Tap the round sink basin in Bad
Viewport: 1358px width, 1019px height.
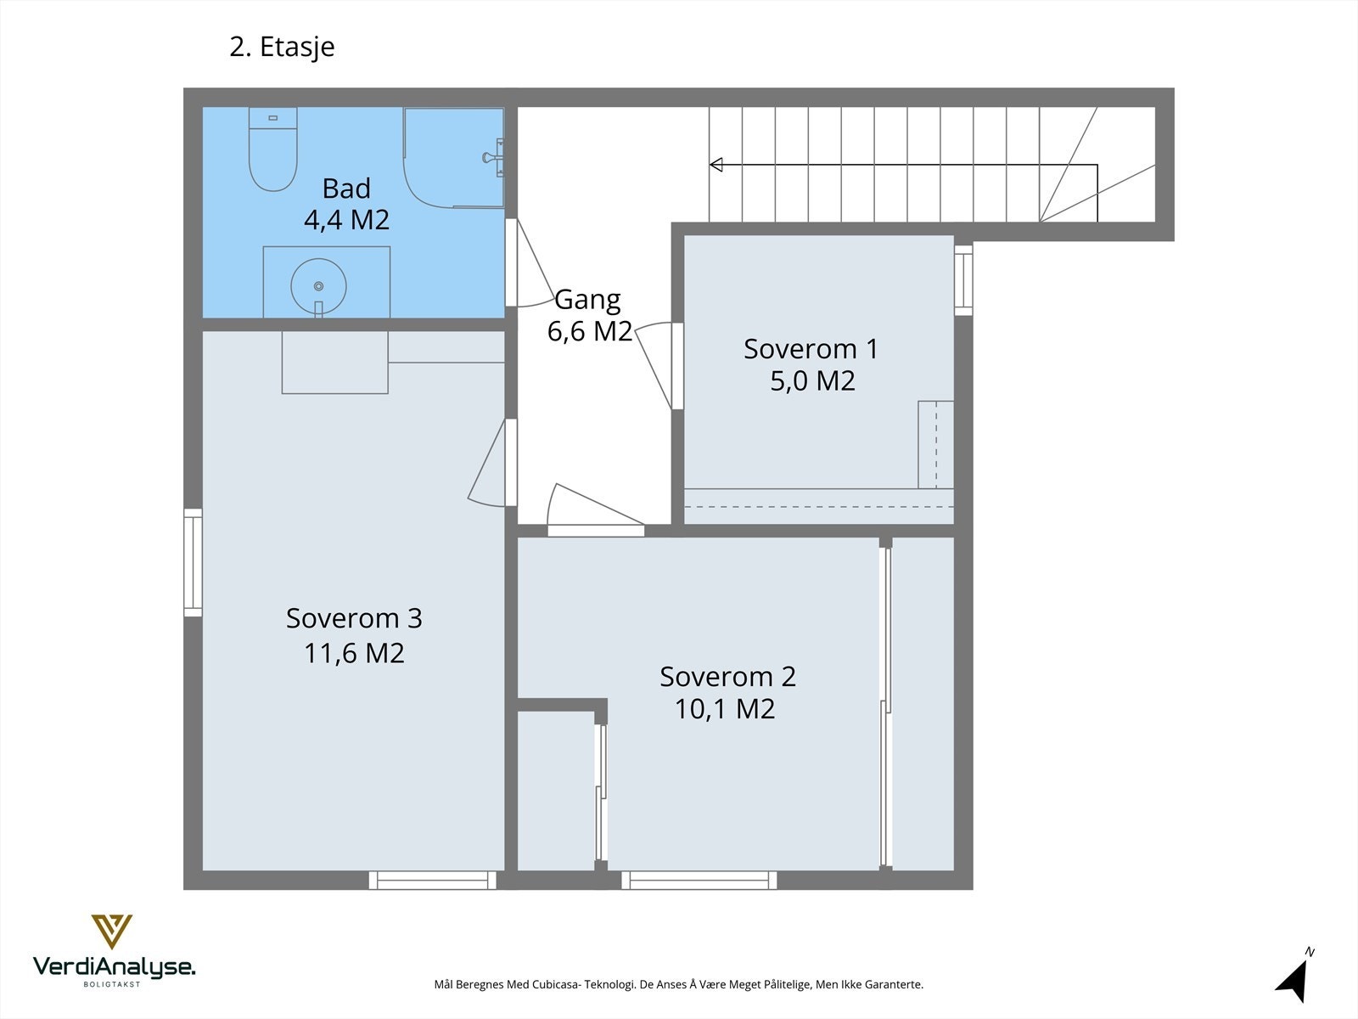click(318, 286)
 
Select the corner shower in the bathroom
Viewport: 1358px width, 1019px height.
click(453, 157)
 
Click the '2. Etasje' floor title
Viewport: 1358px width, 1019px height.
click(282, 47)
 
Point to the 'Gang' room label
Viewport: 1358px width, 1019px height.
click(587, 301)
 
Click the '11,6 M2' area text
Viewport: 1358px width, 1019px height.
click(354, 653)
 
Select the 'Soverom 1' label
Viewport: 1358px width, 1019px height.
click(811, 349)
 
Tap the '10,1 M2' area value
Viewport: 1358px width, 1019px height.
click(725, 709)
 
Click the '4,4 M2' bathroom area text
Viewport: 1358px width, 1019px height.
click(346, 220)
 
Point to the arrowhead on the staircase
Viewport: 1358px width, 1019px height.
click(716, 165)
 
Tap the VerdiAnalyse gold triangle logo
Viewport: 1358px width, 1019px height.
click(112, 932)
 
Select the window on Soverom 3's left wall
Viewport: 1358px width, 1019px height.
click(193, 562)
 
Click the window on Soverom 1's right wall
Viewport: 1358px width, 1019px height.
click(963, 280)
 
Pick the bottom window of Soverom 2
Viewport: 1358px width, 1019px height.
click(699, 880)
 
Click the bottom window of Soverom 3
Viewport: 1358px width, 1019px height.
click(433, 880)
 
